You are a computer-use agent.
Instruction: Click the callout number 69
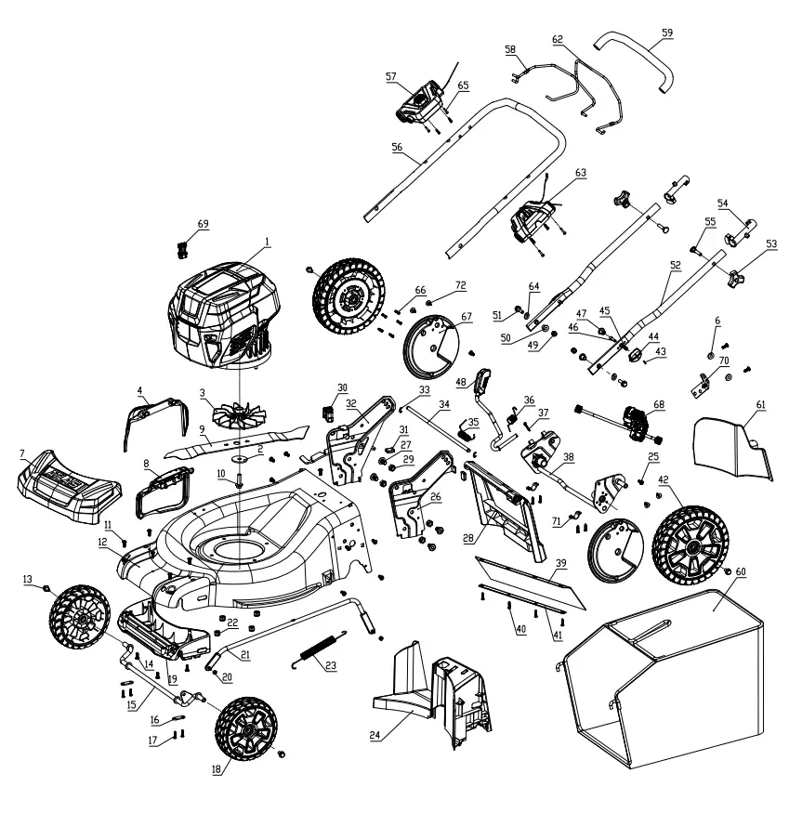click(x=204, y=224)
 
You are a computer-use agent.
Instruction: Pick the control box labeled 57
click(x=420, y=99)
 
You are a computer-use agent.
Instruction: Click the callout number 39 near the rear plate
click(x=560, y=564)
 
